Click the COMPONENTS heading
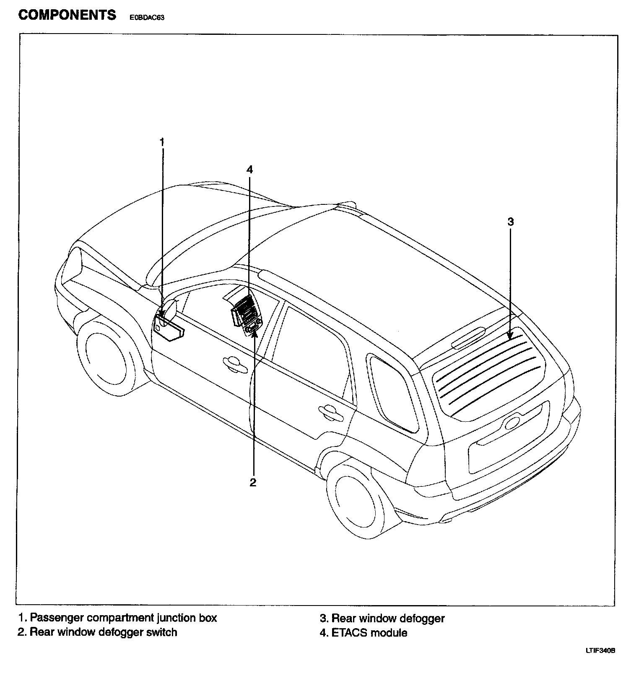67,15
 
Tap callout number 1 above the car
162,142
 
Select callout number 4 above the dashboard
249,170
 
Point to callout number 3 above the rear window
510,222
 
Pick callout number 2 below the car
253,483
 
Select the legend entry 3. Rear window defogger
382,618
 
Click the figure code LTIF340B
600,651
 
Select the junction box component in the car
168,327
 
